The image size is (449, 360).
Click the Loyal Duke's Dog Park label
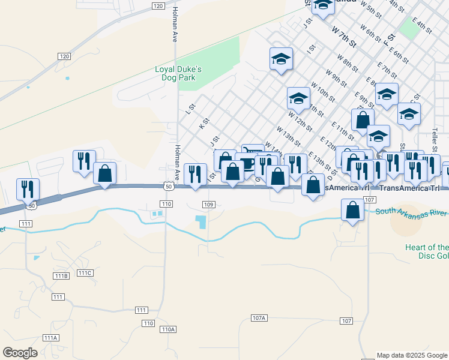178,73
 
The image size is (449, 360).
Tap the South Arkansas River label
411,212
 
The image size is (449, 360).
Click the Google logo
20,353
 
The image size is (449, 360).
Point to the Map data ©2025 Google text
412,355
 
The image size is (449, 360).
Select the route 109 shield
208,205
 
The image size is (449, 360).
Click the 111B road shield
61,276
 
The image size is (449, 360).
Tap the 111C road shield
86,274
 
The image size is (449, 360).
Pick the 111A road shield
50,338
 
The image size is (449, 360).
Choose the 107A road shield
259,317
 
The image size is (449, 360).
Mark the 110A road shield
168,329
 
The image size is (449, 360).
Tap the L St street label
191,109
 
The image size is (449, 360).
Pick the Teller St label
436,142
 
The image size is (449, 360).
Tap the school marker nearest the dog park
281,59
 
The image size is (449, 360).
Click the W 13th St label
288,136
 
